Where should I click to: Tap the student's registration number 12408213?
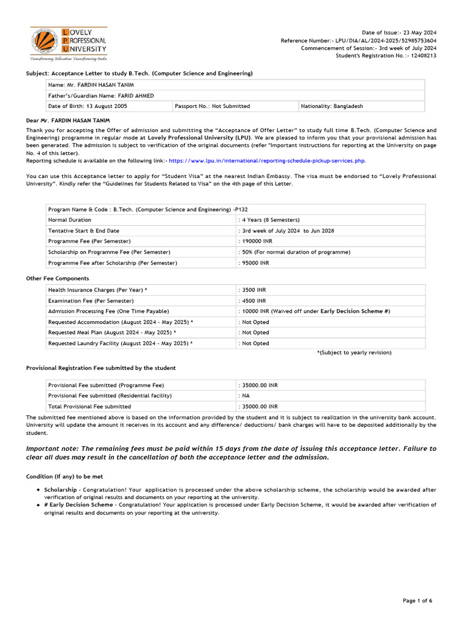click(x=424, y=56)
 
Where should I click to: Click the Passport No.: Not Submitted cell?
click(x=212, y=106)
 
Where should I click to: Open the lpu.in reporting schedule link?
click(x=267, y=161)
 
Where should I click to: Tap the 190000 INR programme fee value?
click(x=256, y=241)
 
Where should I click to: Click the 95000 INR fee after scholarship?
click(x=254, y=263)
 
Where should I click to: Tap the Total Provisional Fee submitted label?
click(x=89, y=406)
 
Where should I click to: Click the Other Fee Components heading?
click(x=57, y=278)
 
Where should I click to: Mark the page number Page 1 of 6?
click(x=418, y=600)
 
